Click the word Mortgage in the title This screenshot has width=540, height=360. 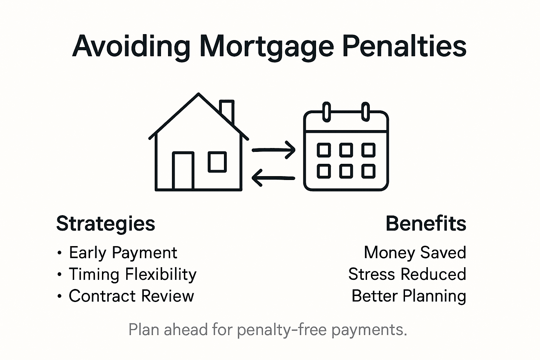[x=266, y=47]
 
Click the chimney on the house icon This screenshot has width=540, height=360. [x=227, y=111]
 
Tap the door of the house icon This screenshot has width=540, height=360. [x=183, y=171]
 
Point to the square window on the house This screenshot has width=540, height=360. [x=217, y=162]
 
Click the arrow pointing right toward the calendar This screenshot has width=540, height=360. [x=274, y=150]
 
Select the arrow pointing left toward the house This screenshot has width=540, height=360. [x=273, y=178]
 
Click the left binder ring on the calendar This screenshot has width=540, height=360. [x=327, y=112]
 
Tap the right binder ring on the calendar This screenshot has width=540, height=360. [x=366, y=112]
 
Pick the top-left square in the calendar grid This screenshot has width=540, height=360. [x=324, y=150]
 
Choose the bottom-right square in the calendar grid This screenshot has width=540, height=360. [x=368, y=171]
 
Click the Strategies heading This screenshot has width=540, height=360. [x=105, y=224]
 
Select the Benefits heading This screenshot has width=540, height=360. [x=426, y=224]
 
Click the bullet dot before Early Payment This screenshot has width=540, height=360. [x=59, y=253]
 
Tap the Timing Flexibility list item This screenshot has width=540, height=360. [x=133, y=275]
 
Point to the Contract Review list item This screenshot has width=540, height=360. [x=131, y=296]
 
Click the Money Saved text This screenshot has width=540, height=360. [x=415, y=252]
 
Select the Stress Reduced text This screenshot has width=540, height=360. [x=407, y=274]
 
